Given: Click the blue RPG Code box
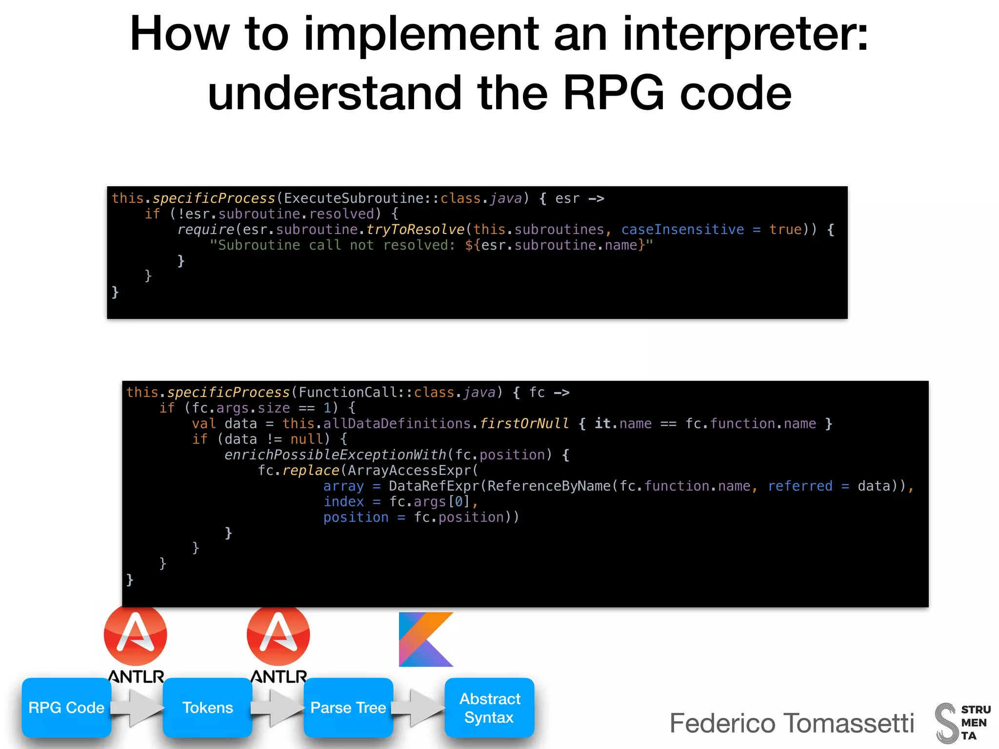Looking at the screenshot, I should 66,708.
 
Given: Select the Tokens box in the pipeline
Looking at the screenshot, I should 207,708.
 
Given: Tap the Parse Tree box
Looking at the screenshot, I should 348,708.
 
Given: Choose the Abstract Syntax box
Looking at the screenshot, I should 489,708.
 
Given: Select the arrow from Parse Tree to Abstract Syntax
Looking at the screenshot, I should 419,708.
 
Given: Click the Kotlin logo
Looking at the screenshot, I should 426,639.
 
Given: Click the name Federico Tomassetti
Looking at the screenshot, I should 792,723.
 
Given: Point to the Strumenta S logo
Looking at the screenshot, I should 946,723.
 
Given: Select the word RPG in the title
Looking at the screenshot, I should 613,93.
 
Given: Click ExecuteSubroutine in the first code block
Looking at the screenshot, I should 354,198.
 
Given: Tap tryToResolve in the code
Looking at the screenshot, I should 415,230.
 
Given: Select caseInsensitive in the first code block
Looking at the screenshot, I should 682,230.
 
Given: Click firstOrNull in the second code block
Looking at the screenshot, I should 524,424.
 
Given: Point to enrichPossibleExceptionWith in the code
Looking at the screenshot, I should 335,455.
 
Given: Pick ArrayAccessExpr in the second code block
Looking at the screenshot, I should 409,471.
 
